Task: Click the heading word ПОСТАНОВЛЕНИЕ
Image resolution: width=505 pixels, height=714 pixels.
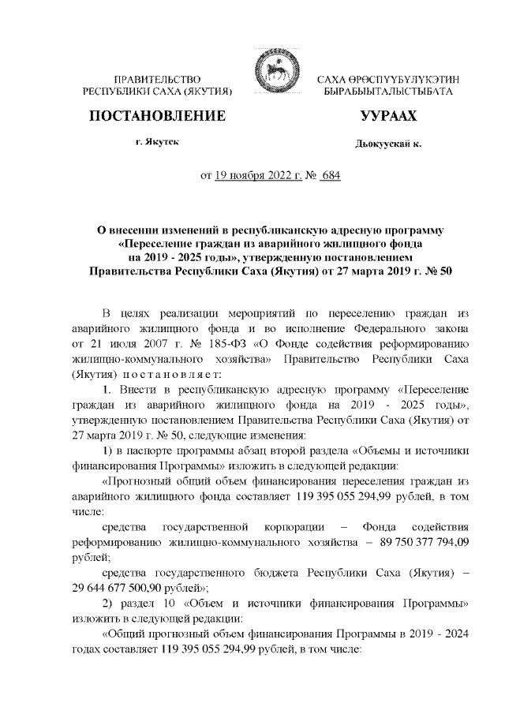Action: coord(155,117)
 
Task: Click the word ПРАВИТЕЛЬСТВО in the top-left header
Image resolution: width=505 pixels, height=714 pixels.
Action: coord(157,80)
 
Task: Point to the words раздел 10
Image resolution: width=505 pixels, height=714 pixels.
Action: coord(148,603)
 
